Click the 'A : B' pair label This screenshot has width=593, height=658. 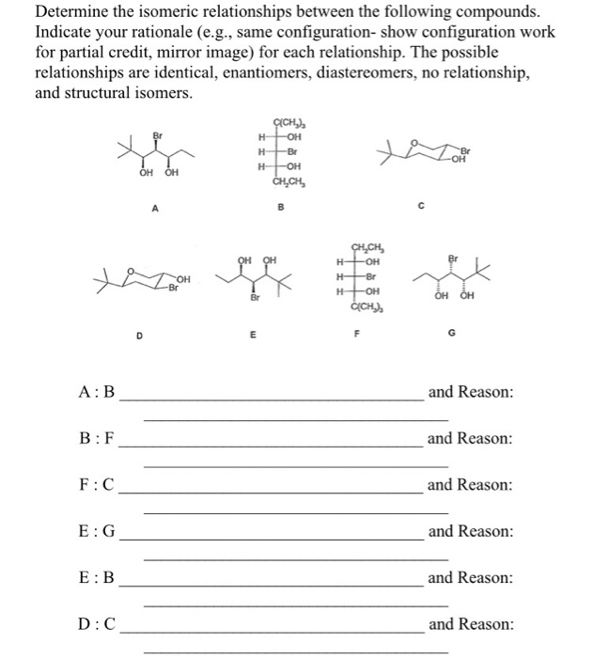click(98, 392)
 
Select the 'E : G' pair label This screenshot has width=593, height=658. click(98, 531)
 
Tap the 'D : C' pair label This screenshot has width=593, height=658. click(98, 624)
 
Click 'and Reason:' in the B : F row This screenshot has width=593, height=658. click(470, 439)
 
